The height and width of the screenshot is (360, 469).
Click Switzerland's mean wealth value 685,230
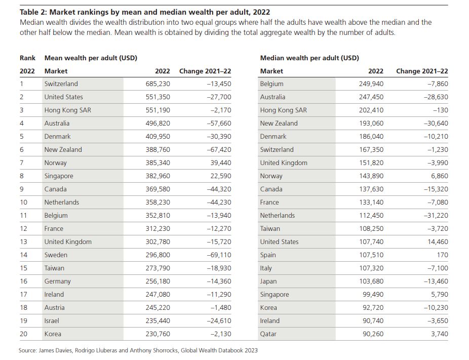coord(158,84)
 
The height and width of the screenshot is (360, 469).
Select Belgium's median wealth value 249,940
coord(371,84)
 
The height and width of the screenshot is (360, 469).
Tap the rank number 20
coord(23,334)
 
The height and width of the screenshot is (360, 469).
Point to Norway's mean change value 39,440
coord(221,163)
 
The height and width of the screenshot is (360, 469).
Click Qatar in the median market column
coord(268,334)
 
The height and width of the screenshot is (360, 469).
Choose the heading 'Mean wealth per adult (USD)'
coord(91,58)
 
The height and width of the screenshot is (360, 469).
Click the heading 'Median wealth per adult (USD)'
coord(309,58)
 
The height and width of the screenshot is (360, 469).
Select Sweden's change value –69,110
coord(219,255)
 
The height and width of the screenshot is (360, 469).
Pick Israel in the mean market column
coord(52,321)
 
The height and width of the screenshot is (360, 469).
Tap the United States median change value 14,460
coord(438,242)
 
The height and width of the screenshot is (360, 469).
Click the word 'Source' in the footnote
coord(27,350)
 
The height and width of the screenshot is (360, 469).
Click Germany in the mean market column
coord(57,282)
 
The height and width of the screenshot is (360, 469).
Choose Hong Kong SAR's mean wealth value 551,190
coord(158,110)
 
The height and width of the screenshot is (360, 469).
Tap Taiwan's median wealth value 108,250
coord(371,229)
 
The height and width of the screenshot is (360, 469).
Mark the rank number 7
coord(22,163)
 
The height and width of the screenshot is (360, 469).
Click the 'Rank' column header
coord(27,58)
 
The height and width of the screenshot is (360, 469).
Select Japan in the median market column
coord(268,282)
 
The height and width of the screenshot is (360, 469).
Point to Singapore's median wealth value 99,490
coord(373,295)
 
